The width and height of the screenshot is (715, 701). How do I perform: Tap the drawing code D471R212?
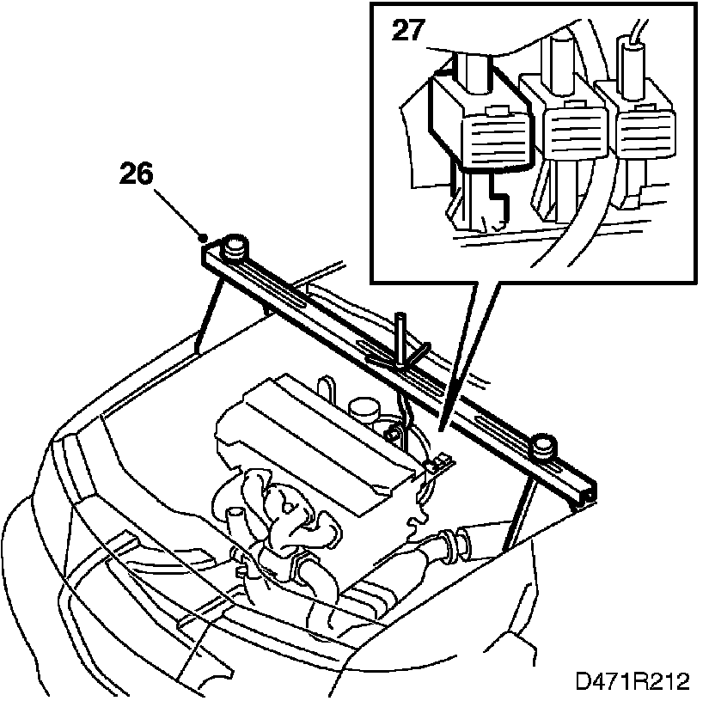[x=632, y=682]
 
